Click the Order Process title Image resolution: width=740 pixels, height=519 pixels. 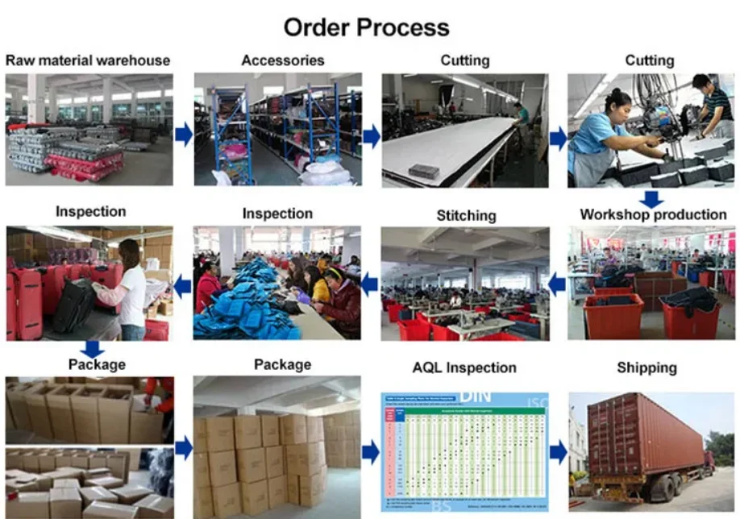[365, 27]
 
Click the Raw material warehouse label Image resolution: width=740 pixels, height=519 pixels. [88, 60]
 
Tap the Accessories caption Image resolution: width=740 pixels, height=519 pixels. [283, 60]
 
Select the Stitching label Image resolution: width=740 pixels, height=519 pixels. [466, 215]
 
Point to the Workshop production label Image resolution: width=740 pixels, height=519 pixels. [653, 214]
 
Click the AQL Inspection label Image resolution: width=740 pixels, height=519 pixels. [464, 367]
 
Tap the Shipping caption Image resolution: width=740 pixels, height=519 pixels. [646, 367]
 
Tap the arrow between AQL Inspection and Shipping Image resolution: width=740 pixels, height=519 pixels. [559, 451]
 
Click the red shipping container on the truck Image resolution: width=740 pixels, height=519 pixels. [645, 435]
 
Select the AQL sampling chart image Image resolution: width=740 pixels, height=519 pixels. [464, 451]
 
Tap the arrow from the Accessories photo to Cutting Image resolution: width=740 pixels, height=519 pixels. [371, 136]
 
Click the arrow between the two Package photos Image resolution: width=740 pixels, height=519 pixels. [184, 448]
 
